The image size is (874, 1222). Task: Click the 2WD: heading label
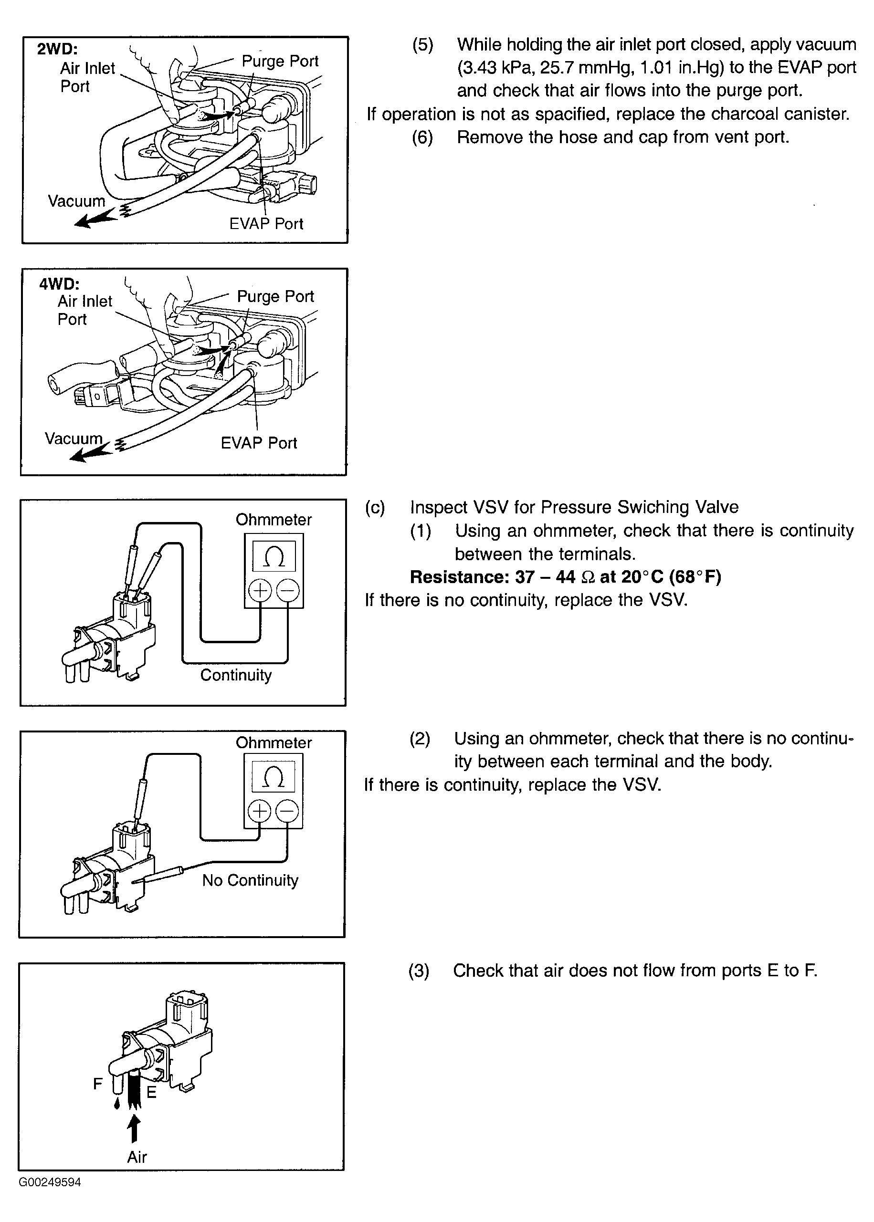57,49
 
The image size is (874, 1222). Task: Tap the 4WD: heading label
59,283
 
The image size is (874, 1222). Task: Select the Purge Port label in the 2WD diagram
280,62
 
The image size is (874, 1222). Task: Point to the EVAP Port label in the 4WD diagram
259,443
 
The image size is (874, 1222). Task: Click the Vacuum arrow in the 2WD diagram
95,218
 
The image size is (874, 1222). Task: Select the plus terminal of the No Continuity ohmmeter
259,811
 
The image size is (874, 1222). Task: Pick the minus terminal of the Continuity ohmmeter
288,591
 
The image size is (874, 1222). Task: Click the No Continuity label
250,880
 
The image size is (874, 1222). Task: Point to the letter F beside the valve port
97,1083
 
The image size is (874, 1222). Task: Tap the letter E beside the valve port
152,1092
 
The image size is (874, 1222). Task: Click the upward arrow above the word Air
135,1128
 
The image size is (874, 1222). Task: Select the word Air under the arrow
137,1158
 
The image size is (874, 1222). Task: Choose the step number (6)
422,137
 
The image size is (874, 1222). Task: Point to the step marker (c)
375,507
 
